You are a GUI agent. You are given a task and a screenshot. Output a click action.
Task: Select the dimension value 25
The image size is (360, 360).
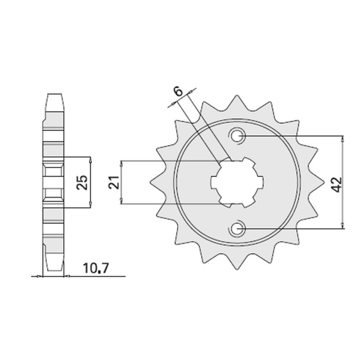[x=83, y=182]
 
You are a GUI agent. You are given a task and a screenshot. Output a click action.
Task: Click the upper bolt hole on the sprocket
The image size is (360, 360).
[x=237, y=135]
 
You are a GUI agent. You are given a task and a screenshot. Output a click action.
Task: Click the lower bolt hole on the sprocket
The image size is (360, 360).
[x=237, y=229]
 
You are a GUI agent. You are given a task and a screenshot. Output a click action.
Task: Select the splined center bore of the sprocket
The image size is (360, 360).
[x=237, y=182]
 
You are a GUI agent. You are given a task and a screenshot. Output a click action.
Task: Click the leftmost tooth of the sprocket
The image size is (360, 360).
[x=152, y=182]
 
